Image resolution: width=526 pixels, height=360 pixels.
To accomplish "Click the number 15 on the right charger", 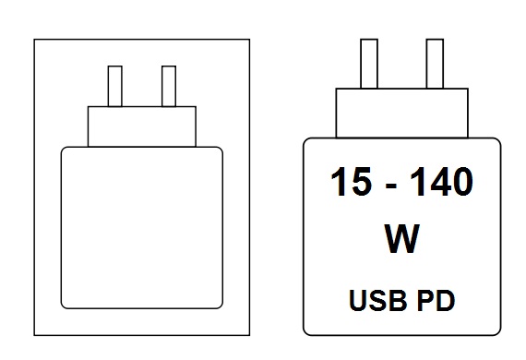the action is coord(352,181).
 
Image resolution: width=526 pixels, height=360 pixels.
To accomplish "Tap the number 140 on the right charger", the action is coord(441,181).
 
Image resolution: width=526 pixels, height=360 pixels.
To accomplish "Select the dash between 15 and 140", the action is coord(391,186).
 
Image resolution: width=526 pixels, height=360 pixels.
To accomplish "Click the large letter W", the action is coord(401,238).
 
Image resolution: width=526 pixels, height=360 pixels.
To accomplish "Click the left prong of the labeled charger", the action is coord(369,64).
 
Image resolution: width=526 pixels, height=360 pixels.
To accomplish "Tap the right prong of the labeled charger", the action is coord(435,64).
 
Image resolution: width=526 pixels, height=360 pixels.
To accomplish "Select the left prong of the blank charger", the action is coord(115,86).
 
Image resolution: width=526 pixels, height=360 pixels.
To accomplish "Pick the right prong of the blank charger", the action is coord(169,86).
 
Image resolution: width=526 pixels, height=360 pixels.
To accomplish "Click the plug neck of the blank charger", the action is coord(142,126).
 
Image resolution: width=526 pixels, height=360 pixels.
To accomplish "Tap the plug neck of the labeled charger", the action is coord(401,113).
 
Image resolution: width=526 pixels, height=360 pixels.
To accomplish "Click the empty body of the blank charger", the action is coord(142,228).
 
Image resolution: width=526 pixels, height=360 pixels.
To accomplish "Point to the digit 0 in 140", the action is coord(462,182).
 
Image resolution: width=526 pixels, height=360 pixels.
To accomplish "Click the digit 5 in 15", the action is coord(362,182).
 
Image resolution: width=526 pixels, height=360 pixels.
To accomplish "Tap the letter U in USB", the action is coord(358,300).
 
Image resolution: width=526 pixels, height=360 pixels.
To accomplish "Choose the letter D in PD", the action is coord(446,300).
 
